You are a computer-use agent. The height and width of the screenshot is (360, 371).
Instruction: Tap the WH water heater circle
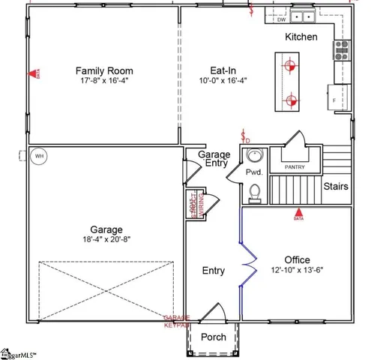point(39,157)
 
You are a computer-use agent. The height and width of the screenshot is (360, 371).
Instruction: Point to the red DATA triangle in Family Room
point(34,74)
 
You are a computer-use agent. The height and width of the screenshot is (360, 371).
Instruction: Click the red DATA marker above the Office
point(298,213)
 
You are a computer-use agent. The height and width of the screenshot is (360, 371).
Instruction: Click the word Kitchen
point(301,37)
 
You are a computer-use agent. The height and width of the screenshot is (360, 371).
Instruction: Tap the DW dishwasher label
point(282,19)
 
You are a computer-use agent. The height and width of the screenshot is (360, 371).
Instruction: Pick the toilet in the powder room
point(254,191)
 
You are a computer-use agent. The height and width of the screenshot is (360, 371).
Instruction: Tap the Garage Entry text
point(214,159)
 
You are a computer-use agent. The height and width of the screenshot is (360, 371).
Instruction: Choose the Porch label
point(214,337)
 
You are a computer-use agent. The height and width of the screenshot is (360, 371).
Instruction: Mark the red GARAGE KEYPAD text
point(177,321)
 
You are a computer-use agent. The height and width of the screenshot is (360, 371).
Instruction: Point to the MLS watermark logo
point(18,352)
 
